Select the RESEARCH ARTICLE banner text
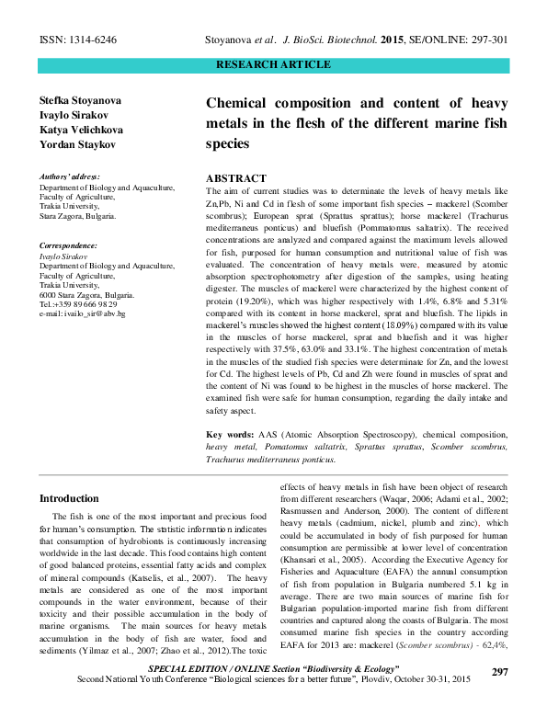273,64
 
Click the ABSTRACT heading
236,178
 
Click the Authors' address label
70,176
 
